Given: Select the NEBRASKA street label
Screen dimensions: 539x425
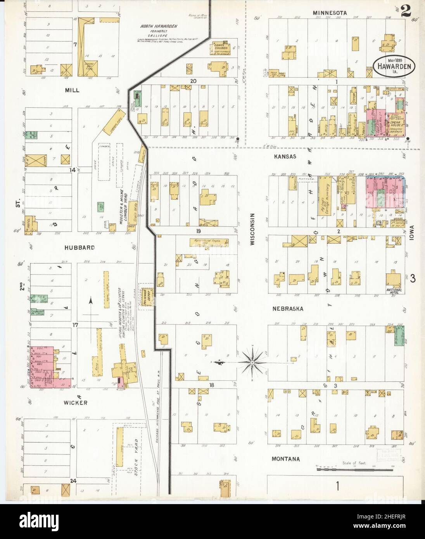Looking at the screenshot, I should (x=287, y=309).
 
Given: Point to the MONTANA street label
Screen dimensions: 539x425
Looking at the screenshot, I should (x=285, y=459).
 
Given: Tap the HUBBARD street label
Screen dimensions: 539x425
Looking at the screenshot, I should (x=79, y=247).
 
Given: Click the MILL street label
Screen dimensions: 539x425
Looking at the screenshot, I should (x=72, y=90).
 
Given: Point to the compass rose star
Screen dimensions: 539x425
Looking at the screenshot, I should (x=252, y=363).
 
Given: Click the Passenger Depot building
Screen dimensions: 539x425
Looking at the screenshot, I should (x=147, y=297).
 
